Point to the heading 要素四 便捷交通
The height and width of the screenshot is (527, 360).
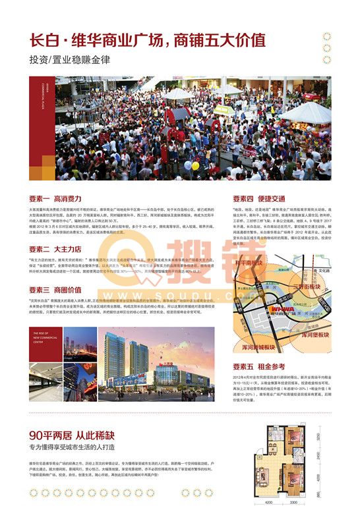pyautogui.click(x=259, y=198)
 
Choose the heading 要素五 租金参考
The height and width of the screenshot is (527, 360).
pyautogui.click(x=259, y=366)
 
